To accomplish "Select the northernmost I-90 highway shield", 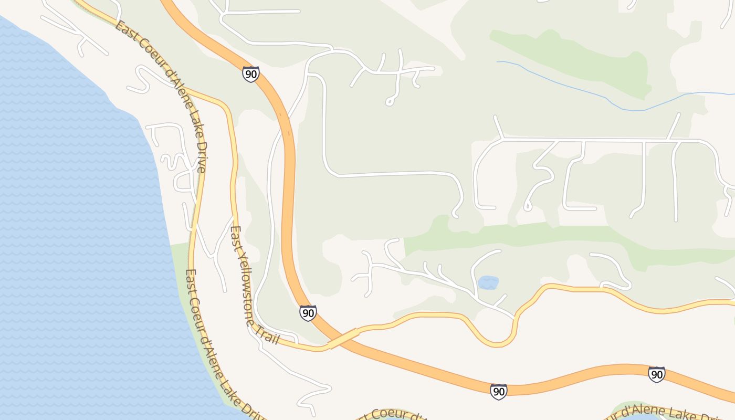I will pyautogui.click(x=251, y=74).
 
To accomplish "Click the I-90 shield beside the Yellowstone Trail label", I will pyautogui.click(x=308, y=313).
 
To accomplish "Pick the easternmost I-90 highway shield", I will pyautogui.click(x=657, y=374).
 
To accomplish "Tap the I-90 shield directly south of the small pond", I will pyautogui.click(x=499, y=391).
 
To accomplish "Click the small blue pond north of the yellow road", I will pyautogui.click(x=488, y=282).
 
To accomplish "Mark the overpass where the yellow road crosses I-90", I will pyautogui.click(x=342, y=339).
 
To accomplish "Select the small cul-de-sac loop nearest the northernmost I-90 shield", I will pyautogui.click(x=390, y=102).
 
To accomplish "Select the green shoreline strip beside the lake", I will pyautogui.click(x=181, y=262).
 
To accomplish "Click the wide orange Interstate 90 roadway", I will pyautogui.click(x=288, y=210).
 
